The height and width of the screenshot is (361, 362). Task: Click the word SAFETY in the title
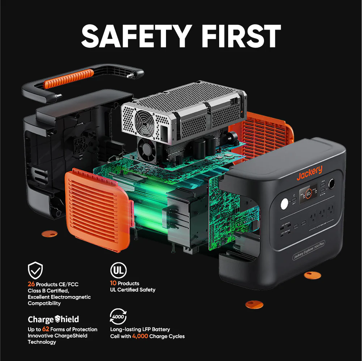point(136,36)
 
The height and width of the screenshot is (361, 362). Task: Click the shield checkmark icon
point(35,270)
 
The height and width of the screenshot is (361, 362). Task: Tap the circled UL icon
point(118,270)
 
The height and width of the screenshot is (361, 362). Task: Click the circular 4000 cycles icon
point(118,317)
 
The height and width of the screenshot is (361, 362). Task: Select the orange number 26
point(31,284)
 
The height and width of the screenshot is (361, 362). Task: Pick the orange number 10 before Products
point(113,283)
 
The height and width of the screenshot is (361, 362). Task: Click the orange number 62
point(46,329)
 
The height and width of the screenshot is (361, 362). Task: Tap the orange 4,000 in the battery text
point(140,336)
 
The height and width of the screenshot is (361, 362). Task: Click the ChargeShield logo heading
point(53,319)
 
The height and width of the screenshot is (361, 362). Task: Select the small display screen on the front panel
point(308,193)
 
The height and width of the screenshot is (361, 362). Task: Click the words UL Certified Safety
point(133,290)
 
